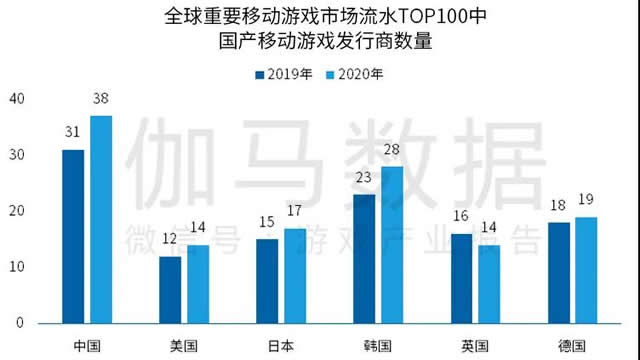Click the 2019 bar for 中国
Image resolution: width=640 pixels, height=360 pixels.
73,236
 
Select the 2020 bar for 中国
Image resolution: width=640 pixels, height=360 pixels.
101,219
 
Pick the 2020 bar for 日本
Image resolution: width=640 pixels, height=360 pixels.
295,275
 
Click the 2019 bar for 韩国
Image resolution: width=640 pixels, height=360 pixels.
365,258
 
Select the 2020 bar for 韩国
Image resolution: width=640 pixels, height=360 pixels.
393,244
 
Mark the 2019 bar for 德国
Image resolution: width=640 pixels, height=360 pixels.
559,272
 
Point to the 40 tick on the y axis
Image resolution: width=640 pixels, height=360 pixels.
15,98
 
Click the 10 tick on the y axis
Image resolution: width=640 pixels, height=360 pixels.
15,267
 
